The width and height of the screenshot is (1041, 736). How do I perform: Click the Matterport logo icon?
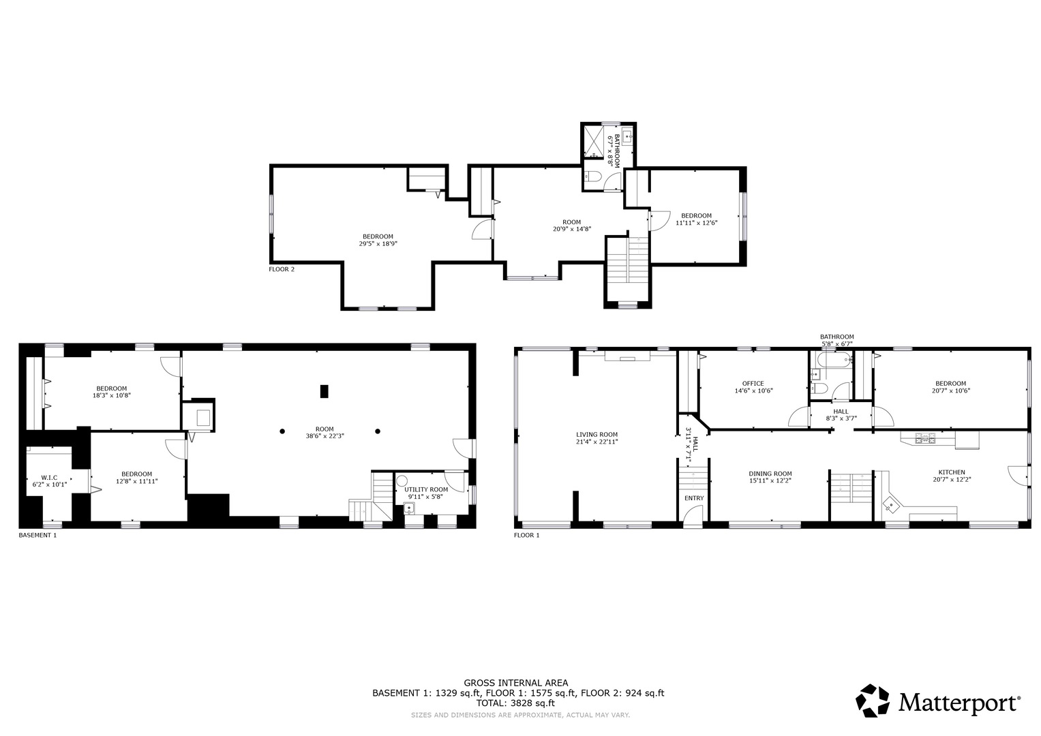point(873,701)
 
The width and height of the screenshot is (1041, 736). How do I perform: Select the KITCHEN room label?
point(951,472)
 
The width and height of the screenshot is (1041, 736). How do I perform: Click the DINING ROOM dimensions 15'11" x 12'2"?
point(770,480)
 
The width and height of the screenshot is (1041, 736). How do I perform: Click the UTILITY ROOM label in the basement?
point(426,489)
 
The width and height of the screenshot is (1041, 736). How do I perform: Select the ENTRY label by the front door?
point(694,498)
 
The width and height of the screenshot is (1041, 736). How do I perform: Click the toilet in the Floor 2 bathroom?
point(592,178)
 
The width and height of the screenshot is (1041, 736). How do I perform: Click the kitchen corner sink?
point(890,505)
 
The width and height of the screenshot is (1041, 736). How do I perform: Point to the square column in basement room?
point(325,391)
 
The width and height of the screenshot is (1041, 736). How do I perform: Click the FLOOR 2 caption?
point(282,269)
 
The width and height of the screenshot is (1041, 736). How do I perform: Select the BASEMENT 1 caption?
point(37,536)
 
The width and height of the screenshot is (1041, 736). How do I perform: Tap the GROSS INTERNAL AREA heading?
point(515,683)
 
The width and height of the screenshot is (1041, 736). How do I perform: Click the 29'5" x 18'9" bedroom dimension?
point(378,243)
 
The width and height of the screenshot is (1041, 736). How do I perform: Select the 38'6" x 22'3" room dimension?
point(325,436)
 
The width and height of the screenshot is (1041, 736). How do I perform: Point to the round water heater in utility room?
point(402,480)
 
